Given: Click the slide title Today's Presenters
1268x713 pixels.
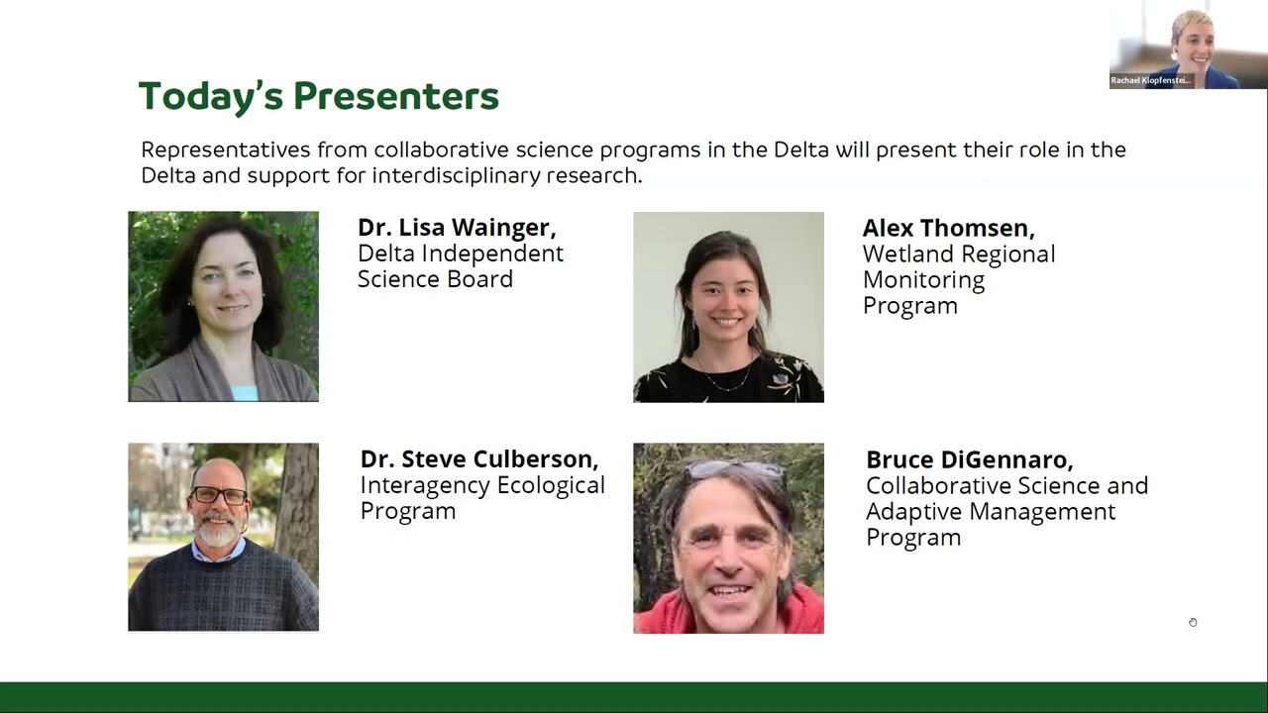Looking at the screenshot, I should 318,97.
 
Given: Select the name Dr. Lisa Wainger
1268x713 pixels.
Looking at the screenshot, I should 457,227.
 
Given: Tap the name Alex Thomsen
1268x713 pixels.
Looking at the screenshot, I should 948,228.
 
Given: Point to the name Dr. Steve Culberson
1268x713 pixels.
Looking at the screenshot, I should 478,459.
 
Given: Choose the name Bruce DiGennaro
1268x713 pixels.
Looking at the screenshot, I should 969,459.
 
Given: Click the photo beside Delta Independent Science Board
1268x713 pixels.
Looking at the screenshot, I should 223,306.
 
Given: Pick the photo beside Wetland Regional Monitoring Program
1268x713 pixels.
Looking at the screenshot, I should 728,307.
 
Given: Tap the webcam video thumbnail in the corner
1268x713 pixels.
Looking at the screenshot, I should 1188,45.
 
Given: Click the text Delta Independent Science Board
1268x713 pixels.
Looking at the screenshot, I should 460,266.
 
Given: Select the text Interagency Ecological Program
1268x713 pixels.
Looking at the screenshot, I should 481,498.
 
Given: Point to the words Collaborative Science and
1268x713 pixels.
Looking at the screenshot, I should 1006,486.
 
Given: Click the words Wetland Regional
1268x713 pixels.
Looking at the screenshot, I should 958,255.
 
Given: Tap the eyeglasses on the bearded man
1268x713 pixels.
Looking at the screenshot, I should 220,495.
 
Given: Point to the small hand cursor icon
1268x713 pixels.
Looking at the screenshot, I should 1193,622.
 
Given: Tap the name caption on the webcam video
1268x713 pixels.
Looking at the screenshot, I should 1150,80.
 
